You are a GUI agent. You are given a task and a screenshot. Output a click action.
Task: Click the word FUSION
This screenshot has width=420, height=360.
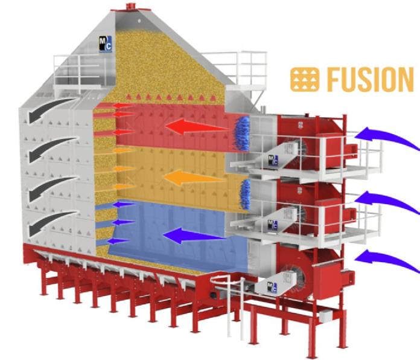click(x=371, y=79)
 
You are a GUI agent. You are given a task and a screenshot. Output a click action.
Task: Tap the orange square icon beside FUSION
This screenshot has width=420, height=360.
click(x=305, y=80)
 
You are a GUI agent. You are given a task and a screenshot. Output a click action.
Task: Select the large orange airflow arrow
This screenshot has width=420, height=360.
click(x=194, y=178)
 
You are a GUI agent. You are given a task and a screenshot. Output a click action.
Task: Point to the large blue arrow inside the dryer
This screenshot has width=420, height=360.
click(x=194, y=236)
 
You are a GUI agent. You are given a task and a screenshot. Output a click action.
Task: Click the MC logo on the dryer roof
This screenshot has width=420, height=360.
click(x=105, y=44)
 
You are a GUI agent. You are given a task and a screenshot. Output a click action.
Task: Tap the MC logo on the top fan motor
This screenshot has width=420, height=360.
click(x=273, y=160)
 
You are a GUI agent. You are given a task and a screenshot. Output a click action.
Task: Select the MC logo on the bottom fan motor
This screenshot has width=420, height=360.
click(x=272, y=288)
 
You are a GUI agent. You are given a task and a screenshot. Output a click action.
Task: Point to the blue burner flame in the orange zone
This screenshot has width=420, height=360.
click(x=244, y=194)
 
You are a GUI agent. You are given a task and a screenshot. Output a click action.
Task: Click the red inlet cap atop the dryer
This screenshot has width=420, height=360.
click(x=131, y=5)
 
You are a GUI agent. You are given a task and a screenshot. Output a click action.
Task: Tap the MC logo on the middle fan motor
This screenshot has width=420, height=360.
click(x=273, y=225)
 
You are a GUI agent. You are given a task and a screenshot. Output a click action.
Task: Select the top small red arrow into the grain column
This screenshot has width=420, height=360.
click(x=122, y=106)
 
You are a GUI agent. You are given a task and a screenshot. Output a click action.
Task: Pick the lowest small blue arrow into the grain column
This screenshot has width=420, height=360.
click(x=118, y=241)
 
